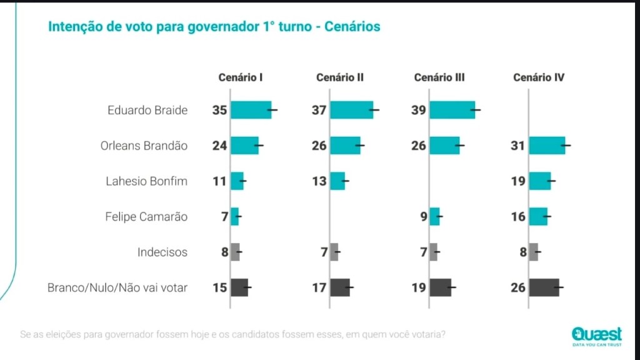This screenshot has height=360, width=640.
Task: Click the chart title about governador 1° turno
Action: click(214, 27)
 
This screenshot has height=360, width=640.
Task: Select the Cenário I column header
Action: click(240, 78)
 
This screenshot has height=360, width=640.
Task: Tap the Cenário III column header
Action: click(439, 78)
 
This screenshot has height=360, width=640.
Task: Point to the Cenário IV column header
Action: click(539, 78)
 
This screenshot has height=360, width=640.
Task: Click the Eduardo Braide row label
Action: click(147, 110)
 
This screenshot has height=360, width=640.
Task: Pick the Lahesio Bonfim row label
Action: click(147, 181)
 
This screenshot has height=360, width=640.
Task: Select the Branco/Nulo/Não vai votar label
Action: click(117, 287)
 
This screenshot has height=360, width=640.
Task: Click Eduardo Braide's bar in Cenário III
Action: click(452, 110)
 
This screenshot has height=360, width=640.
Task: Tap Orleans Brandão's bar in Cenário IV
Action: click(547, 146)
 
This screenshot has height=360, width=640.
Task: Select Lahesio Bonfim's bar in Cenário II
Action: click(337, 181)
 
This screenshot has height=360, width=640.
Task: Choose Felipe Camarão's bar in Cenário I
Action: click(235, 217)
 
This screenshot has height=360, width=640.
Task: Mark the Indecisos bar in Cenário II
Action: click(334, 252)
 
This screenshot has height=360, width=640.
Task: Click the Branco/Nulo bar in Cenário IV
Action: click(544, 287)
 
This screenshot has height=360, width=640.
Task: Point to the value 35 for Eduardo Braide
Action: click(219, 110)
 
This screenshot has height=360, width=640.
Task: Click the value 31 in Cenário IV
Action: click(519, 146)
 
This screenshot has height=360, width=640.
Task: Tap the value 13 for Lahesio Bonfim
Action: click(319, 181)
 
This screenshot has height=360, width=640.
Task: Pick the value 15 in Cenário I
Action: click(219, 287)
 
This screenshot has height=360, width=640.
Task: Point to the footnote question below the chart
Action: click(233, 334)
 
